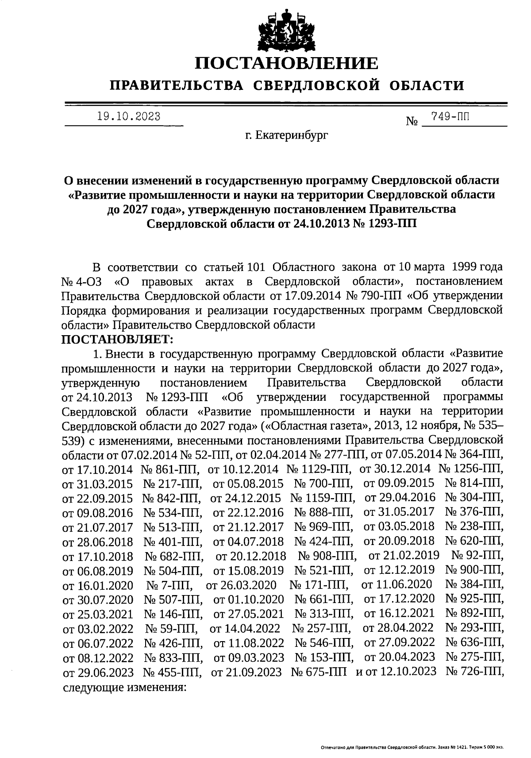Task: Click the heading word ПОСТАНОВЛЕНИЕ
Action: (x=287, y=63)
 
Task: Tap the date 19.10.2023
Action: (x=129, y=117)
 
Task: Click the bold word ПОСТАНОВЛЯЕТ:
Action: (x=118, y=340)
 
